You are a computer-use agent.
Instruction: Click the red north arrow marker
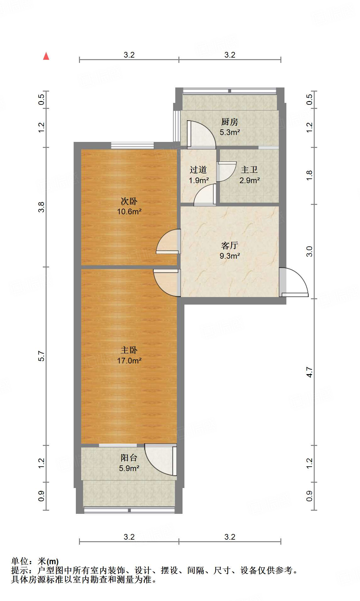46,56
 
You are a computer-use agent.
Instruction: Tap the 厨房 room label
229,122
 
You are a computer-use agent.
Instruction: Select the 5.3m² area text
230,132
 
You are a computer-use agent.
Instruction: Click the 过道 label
198,170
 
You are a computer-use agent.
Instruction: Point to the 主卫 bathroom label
249,170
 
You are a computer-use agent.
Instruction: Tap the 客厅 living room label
229,245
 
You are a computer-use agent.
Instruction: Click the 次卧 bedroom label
129,201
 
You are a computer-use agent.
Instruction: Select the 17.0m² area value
129,361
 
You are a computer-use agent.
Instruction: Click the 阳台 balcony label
129,458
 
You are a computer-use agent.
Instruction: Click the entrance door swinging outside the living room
294,283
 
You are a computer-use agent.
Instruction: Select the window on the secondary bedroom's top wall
132,145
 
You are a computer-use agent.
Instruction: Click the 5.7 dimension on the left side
42,356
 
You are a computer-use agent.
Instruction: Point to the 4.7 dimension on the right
310,372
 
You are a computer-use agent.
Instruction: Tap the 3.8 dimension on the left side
42,207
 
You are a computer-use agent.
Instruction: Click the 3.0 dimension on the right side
310,251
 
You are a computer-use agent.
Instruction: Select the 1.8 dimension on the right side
310,175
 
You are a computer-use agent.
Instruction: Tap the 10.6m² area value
129,211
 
